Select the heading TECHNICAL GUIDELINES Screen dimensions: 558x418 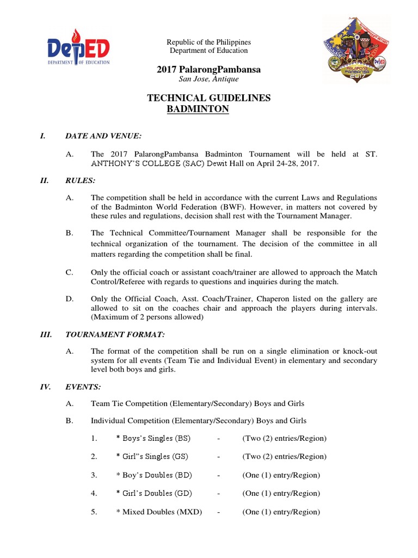tap(209, 98)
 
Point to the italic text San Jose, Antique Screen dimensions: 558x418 tap(208, 80)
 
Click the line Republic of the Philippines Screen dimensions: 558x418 tap(208, 42)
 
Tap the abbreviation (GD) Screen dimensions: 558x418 tap(181, 493)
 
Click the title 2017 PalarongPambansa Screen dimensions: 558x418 tap(208, 70)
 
